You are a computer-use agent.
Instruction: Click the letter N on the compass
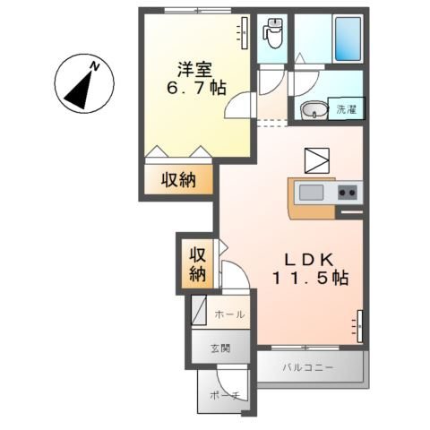[95, 66]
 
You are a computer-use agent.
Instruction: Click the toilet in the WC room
[272, 32]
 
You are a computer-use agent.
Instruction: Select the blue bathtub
[348, 39]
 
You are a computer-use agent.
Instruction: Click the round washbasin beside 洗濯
[314, 110]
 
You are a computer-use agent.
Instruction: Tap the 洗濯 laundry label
[347, 109]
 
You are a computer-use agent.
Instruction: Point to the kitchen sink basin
[311, 193]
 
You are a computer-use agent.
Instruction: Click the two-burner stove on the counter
[348, 193]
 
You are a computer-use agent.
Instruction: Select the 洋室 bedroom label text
[194, 70]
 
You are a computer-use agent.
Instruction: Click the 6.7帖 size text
[196, 88]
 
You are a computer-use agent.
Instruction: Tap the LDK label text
[309, 260]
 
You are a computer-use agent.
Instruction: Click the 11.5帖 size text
[310, 278]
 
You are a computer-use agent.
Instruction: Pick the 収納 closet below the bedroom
[178, 180]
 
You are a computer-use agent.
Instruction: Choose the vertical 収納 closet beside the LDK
[198, 264]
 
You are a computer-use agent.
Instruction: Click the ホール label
[229, 314]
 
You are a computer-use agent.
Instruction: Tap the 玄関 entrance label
[220, 348]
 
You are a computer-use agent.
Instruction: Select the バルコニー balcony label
[308, 367]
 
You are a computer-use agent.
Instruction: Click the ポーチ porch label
[225, 396]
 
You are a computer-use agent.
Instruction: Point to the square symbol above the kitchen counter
[317, 161]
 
